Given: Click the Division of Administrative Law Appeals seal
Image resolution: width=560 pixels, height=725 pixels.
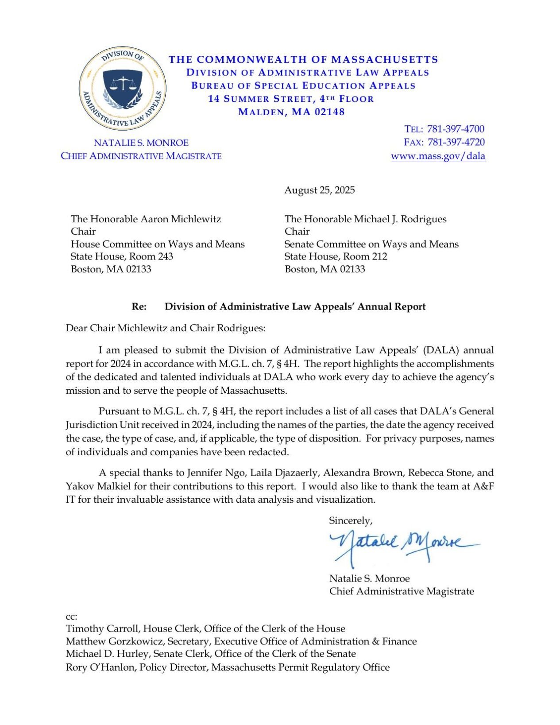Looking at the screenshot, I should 123,89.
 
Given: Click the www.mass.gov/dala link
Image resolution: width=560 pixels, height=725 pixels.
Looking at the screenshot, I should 438,156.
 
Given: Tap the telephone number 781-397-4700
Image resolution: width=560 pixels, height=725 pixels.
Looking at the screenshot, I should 456,129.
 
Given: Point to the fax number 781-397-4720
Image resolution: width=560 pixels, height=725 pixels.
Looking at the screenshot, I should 456,142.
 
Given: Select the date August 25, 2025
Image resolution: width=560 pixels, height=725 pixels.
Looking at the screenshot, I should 319,190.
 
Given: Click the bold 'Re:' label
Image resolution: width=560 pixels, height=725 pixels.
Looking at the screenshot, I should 139,306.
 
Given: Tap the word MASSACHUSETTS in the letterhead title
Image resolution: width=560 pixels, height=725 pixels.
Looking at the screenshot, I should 384,59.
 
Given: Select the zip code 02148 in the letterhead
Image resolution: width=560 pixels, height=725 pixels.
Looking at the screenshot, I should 329,112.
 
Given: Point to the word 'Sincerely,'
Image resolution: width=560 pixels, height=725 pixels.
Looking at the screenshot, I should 350,520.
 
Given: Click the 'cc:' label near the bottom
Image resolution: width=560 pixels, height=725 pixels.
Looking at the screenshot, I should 71,616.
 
